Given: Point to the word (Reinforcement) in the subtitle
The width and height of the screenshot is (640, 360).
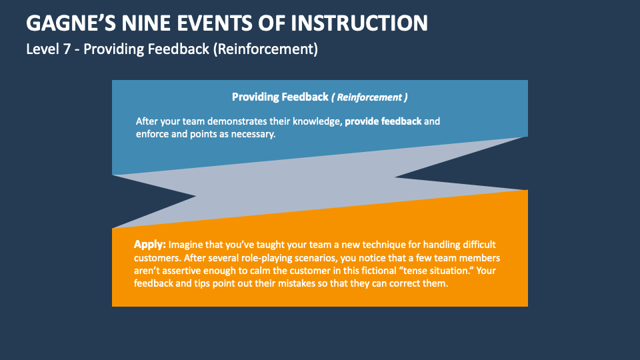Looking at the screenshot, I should (265, 49).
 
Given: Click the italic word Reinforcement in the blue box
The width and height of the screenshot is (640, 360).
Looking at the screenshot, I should (370, 97).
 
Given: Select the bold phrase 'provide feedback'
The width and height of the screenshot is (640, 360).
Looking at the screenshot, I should (383, 122).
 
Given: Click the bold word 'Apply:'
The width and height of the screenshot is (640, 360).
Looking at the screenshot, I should (149, 245).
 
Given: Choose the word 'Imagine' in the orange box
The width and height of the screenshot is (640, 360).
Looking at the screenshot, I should (187, 245).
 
